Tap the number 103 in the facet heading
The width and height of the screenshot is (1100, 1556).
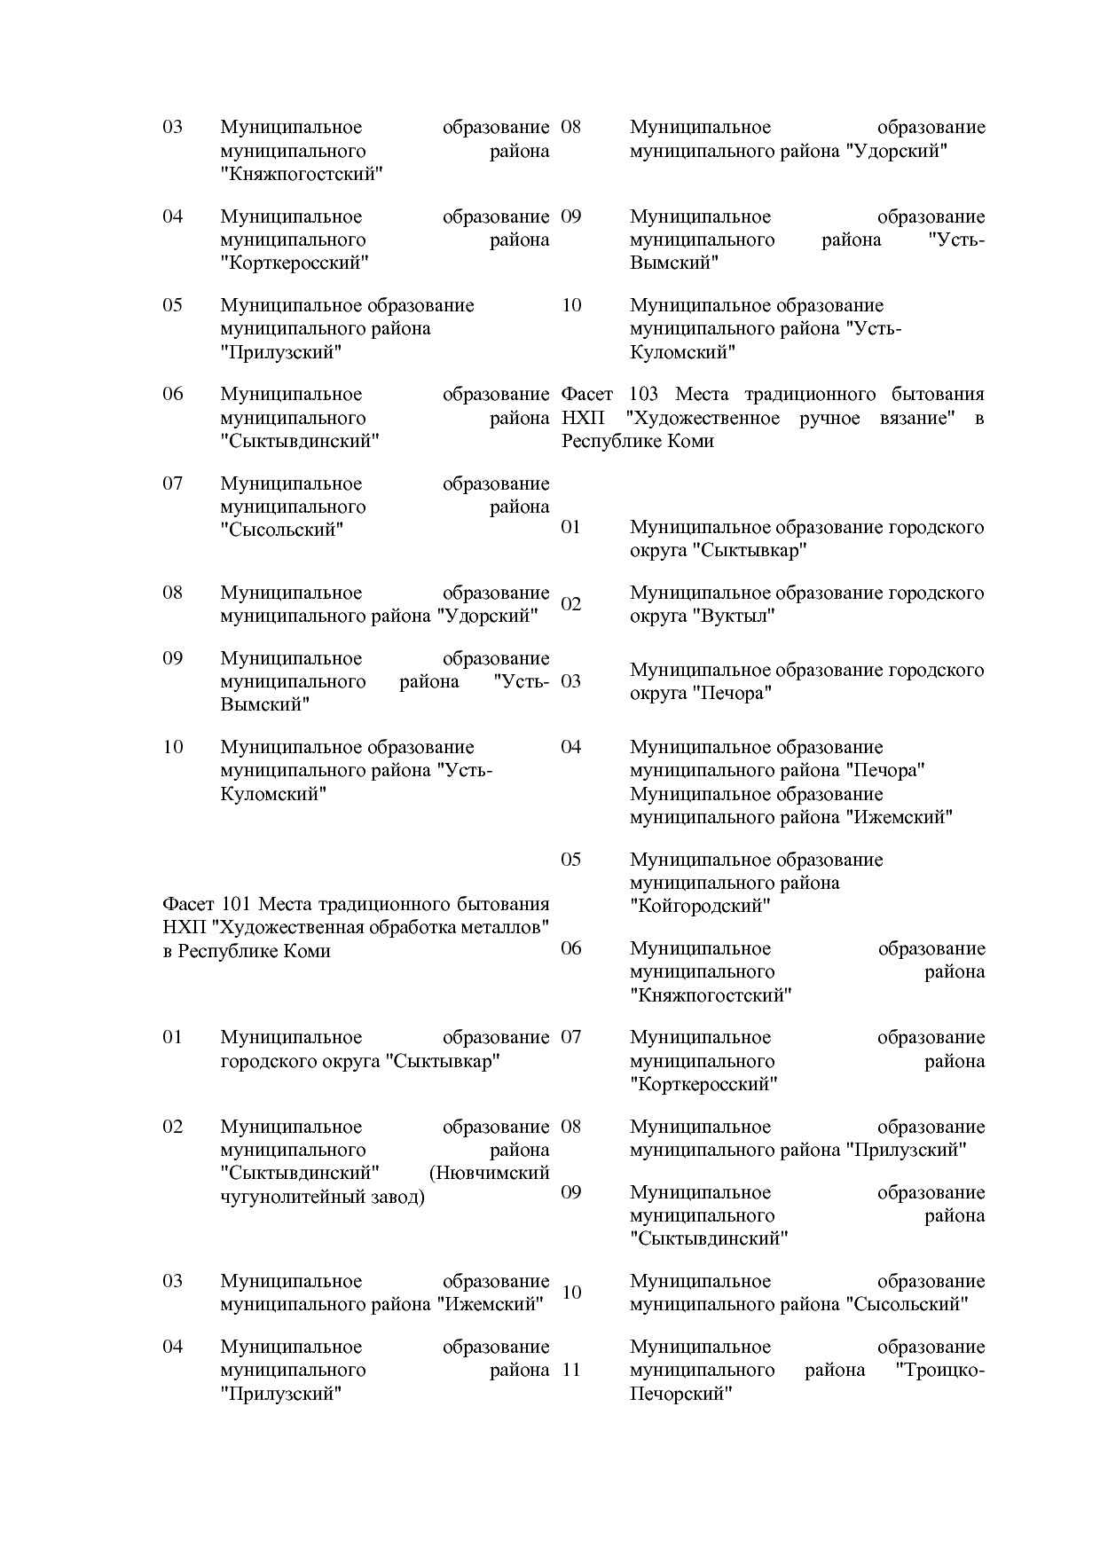point(643,394)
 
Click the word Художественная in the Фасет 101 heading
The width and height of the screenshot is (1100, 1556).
point(297,928)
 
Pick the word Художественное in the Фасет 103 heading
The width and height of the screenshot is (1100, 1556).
point(702,418)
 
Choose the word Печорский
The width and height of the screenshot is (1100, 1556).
point(680,1394)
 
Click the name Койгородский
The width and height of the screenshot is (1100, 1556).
point(700,907)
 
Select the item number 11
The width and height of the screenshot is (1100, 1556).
point(571,1370)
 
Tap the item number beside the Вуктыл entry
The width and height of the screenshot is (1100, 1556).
point(571,604)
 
